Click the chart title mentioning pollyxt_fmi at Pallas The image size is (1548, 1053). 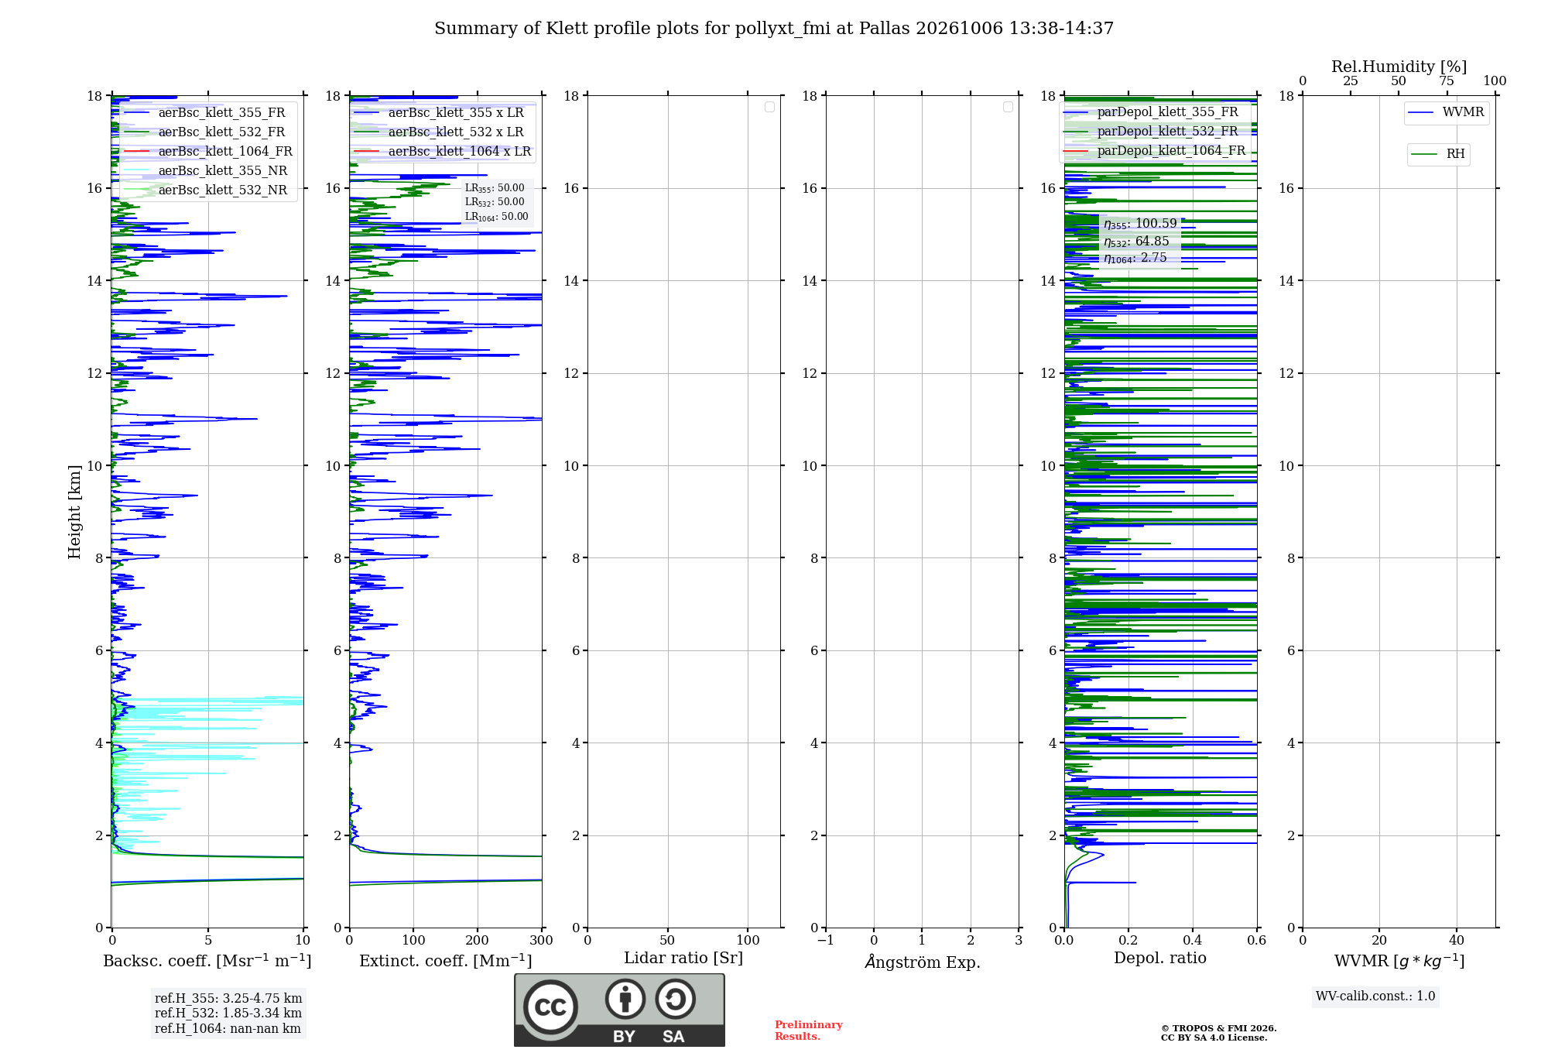[x=774, y=29]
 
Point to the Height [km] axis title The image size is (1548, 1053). [x=74, y=512]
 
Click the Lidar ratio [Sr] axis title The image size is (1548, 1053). [x=683, y=959]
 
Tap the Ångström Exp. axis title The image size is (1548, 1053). [x=923, y=962]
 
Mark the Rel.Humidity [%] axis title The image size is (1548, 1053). [x=1399, y=67]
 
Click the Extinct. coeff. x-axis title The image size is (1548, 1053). [x=446, y=961]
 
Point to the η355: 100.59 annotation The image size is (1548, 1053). [x=1140, y=224]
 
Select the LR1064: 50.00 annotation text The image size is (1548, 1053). [x=496, y=217]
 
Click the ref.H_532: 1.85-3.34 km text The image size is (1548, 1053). [x=228, y=1014]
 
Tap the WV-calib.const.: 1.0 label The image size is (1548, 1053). [x=1375, y=996]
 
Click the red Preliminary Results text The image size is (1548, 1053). [x=809, y=1031]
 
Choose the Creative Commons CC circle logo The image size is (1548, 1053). [x=550, y=1007]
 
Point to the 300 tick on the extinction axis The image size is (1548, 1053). [x=542, y=941]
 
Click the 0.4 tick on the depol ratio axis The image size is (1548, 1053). [x=1193, y=941]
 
